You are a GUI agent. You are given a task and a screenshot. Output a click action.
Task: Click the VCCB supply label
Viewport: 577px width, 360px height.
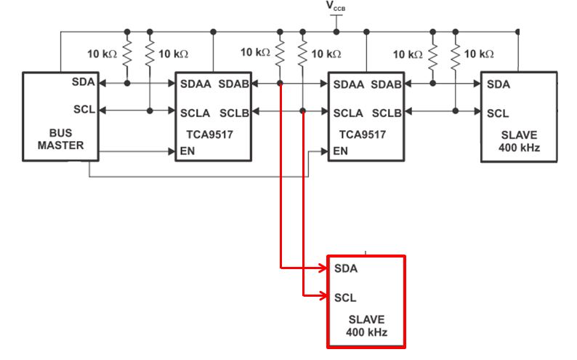click(336, 7)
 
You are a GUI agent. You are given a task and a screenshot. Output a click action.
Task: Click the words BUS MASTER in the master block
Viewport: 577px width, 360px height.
click(62, 139)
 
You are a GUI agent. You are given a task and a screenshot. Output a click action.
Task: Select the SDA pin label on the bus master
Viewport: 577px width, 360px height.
click(83, 81)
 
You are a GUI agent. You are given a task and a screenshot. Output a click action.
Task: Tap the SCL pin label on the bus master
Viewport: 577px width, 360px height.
click(83, 110)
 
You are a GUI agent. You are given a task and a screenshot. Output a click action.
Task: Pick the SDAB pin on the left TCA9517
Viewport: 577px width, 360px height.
click(235, 84)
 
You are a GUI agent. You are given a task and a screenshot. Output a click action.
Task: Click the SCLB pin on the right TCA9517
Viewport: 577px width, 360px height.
click(387, 113)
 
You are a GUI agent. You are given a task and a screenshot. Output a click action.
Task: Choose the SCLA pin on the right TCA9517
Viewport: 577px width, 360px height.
click(349, 113)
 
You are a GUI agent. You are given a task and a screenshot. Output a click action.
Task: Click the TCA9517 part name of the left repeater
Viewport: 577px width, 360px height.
click(210, 135)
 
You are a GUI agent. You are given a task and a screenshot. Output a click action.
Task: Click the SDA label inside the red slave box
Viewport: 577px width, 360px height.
click(346, 269)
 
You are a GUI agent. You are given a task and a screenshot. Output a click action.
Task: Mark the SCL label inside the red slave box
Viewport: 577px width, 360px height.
click(346, 297)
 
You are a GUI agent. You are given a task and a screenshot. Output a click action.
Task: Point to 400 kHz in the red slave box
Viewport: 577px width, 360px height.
click(366, 334)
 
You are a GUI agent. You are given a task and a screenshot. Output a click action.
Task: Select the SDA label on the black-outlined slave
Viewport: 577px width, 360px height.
click(499, 84)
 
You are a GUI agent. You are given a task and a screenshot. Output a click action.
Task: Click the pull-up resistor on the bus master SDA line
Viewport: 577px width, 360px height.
click(127, 54)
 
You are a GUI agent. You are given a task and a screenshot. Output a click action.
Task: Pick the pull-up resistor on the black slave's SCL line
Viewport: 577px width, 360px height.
click(456, 54)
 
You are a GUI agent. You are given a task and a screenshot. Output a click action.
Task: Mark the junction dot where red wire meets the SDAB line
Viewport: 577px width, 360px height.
click(281, 84)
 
